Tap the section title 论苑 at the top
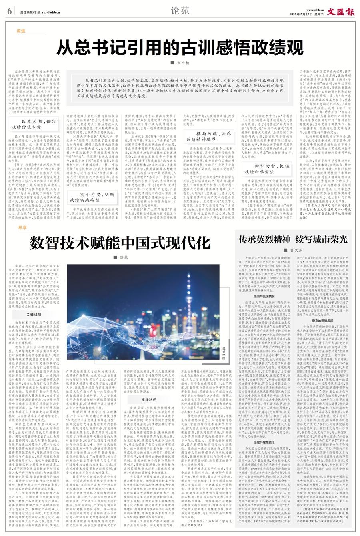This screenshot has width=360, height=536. (180, 11)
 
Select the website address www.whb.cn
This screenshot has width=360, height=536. (315, 9)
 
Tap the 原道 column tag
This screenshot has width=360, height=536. (21, 31)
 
